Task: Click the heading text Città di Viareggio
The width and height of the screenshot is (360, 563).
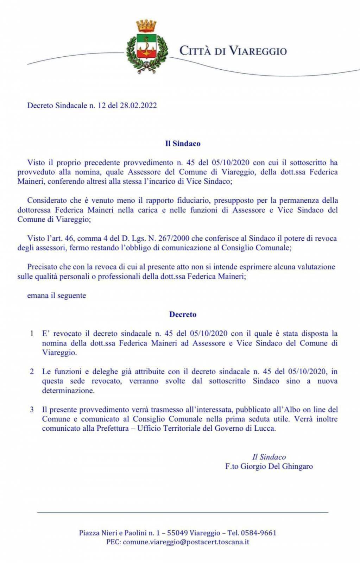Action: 233,51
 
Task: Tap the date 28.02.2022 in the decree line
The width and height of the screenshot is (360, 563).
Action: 138,105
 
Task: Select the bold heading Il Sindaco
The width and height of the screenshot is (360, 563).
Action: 183,144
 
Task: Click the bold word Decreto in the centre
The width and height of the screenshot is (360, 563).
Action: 183,314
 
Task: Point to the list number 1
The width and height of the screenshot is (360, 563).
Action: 32,333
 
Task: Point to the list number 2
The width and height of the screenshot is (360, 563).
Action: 32,371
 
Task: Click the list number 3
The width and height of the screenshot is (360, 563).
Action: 32,409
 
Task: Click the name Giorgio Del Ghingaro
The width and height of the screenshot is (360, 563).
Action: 277,466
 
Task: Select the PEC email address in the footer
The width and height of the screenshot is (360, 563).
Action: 186,542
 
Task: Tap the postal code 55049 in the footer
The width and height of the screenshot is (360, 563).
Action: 177,533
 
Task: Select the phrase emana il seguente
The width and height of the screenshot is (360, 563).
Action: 57,295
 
